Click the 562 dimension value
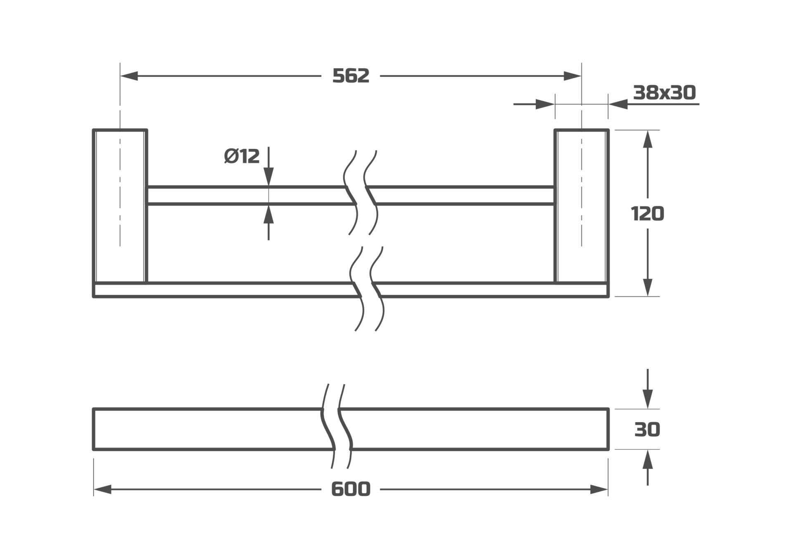pos(351,76)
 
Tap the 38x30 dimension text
pos(664,93)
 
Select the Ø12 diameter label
pos(242,156)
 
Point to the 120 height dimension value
pos(647,214)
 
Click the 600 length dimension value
pos(351,490)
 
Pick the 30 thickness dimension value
pos(647,430)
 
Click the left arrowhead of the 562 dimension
pos(129,76)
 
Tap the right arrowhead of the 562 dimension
pos(572,76)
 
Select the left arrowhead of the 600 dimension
pos(102,490)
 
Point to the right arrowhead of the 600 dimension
pos(599,490)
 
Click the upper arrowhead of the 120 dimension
pos(648,139)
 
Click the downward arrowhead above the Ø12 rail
pos(268,177)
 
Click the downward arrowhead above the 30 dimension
pos(648,399)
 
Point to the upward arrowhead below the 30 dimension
pos(648,459)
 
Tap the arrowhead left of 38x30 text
pos(618,104)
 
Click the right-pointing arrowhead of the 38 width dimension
pos(545,104)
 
